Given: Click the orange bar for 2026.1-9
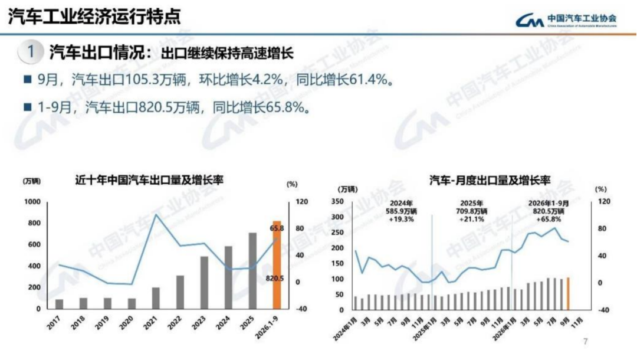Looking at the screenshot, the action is (x=277, y=265).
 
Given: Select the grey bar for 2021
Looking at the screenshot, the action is (x=156, y=298).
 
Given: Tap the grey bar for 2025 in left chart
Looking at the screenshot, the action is (x=252, y=271).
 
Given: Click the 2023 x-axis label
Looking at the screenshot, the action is (x=199, y=323).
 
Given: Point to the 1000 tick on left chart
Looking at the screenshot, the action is (x=32, y=202).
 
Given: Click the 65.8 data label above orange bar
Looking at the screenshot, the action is (x=277, y=228).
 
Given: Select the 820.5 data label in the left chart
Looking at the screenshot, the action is (x=275, y=279).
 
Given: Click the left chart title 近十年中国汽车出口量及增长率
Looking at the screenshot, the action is (x=149, y=180).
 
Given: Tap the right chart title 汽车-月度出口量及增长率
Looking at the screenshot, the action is (x=490, y=181).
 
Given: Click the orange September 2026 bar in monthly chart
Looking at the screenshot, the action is (x=568, y=294).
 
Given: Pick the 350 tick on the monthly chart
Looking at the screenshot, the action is (x=337, y=201).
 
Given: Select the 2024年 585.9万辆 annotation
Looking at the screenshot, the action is (x=402, y=211).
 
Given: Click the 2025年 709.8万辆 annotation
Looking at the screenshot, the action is (x=472, y=211).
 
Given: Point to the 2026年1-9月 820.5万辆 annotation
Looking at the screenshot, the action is (x=549, y=211).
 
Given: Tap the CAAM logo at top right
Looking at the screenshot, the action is (x=566, y=19).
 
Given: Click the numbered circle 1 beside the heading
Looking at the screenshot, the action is (x=31, y=52).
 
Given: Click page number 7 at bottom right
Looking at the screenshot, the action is (x=586, y=341).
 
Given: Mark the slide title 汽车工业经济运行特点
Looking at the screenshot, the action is (x=94, y=17).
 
